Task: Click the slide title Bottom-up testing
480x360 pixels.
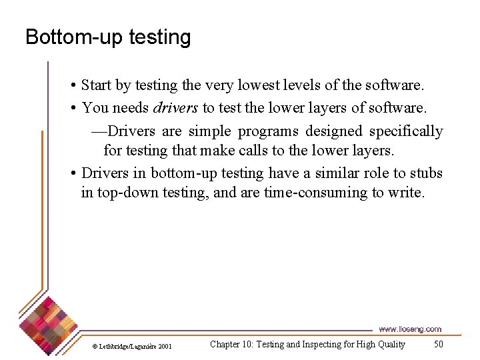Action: pyautogui.click(x=108, y=37)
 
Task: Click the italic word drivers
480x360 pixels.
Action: pyautogui.click(x=175, y=108)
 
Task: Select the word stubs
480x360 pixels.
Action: pyautogui.click(x=427, y=173)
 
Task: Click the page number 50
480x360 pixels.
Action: pyautogui.click(x=438, y=344)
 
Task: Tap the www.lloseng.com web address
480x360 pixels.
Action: pyautogui.click(x=409, y=329)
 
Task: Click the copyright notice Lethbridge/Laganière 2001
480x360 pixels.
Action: pyautogui.click(x=132, y=346)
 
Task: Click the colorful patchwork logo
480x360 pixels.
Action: pyautogui.click(x=49, y=320)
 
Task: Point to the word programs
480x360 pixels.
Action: pyautogui.click(x=269, y=131)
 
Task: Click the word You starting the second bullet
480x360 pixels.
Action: pyautogui.click(x=94, y=108)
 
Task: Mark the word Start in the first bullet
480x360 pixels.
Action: pyautogui.click(x=96, y=86)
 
